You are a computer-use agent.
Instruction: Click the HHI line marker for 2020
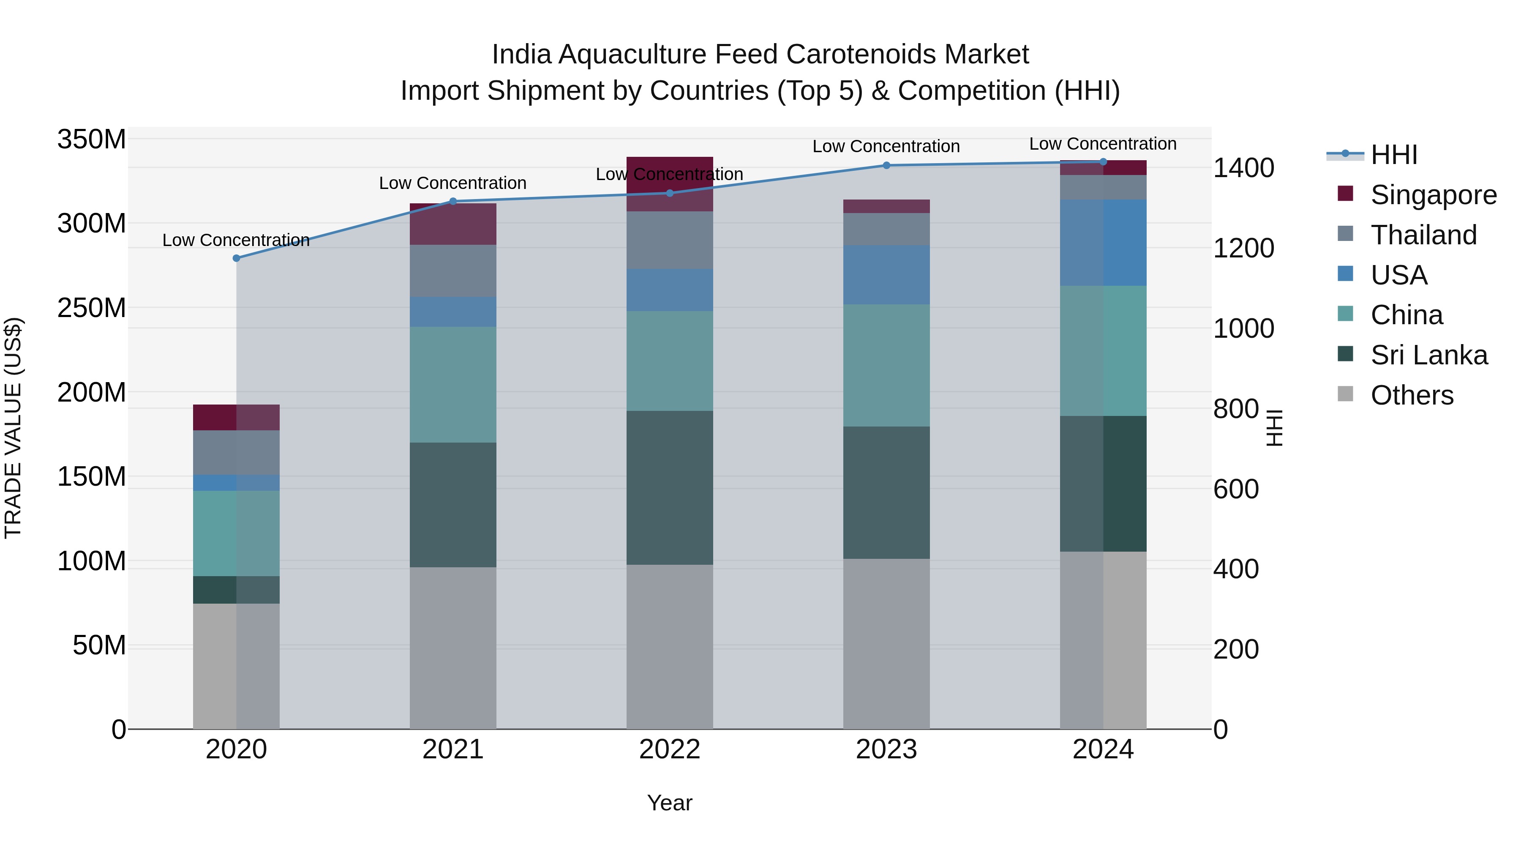click(x=236, y=258)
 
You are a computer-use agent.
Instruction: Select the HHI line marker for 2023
click(x=886, y=165)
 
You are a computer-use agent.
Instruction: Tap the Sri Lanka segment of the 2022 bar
click(x=670, y=487)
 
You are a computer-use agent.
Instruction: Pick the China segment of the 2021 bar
click(x=453, y=385)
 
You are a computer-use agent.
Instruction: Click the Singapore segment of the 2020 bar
click(x=236, y=417)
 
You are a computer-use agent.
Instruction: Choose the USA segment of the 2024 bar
click(x=1103, y=243)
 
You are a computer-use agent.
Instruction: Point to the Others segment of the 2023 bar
click(x=886, y=643)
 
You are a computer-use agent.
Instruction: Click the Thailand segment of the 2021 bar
click(x=453, y=271)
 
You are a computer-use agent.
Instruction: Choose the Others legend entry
click(x=1411, y=395)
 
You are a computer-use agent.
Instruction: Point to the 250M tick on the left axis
click(x=92, y=308)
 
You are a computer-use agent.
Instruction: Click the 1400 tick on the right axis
click(x=1243, y=168)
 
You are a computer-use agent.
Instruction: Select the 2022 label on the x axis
click(x=670, y=749)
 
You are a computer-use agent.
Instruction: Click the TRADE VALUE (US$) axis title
click(x=13, y=428)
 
